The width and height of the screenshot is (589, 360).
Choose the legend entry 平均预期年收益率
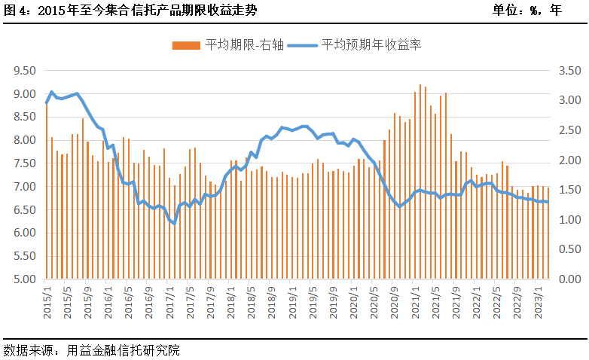360,45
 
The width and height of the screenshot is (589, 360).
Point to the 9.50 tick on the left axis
25,71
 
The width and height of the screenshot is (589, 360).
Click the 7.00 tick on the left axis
25,186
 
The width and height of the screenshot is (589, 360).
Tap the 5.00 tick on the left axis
25,279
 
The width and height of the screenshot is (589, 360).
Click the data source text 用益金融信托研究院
91,350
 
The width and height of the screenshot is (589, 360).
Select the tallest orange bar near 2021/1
420,181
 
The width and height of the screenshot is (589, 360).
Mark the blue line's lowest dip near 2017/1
174,223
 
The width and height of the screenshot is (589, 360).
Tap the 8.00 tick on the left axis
25,140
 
